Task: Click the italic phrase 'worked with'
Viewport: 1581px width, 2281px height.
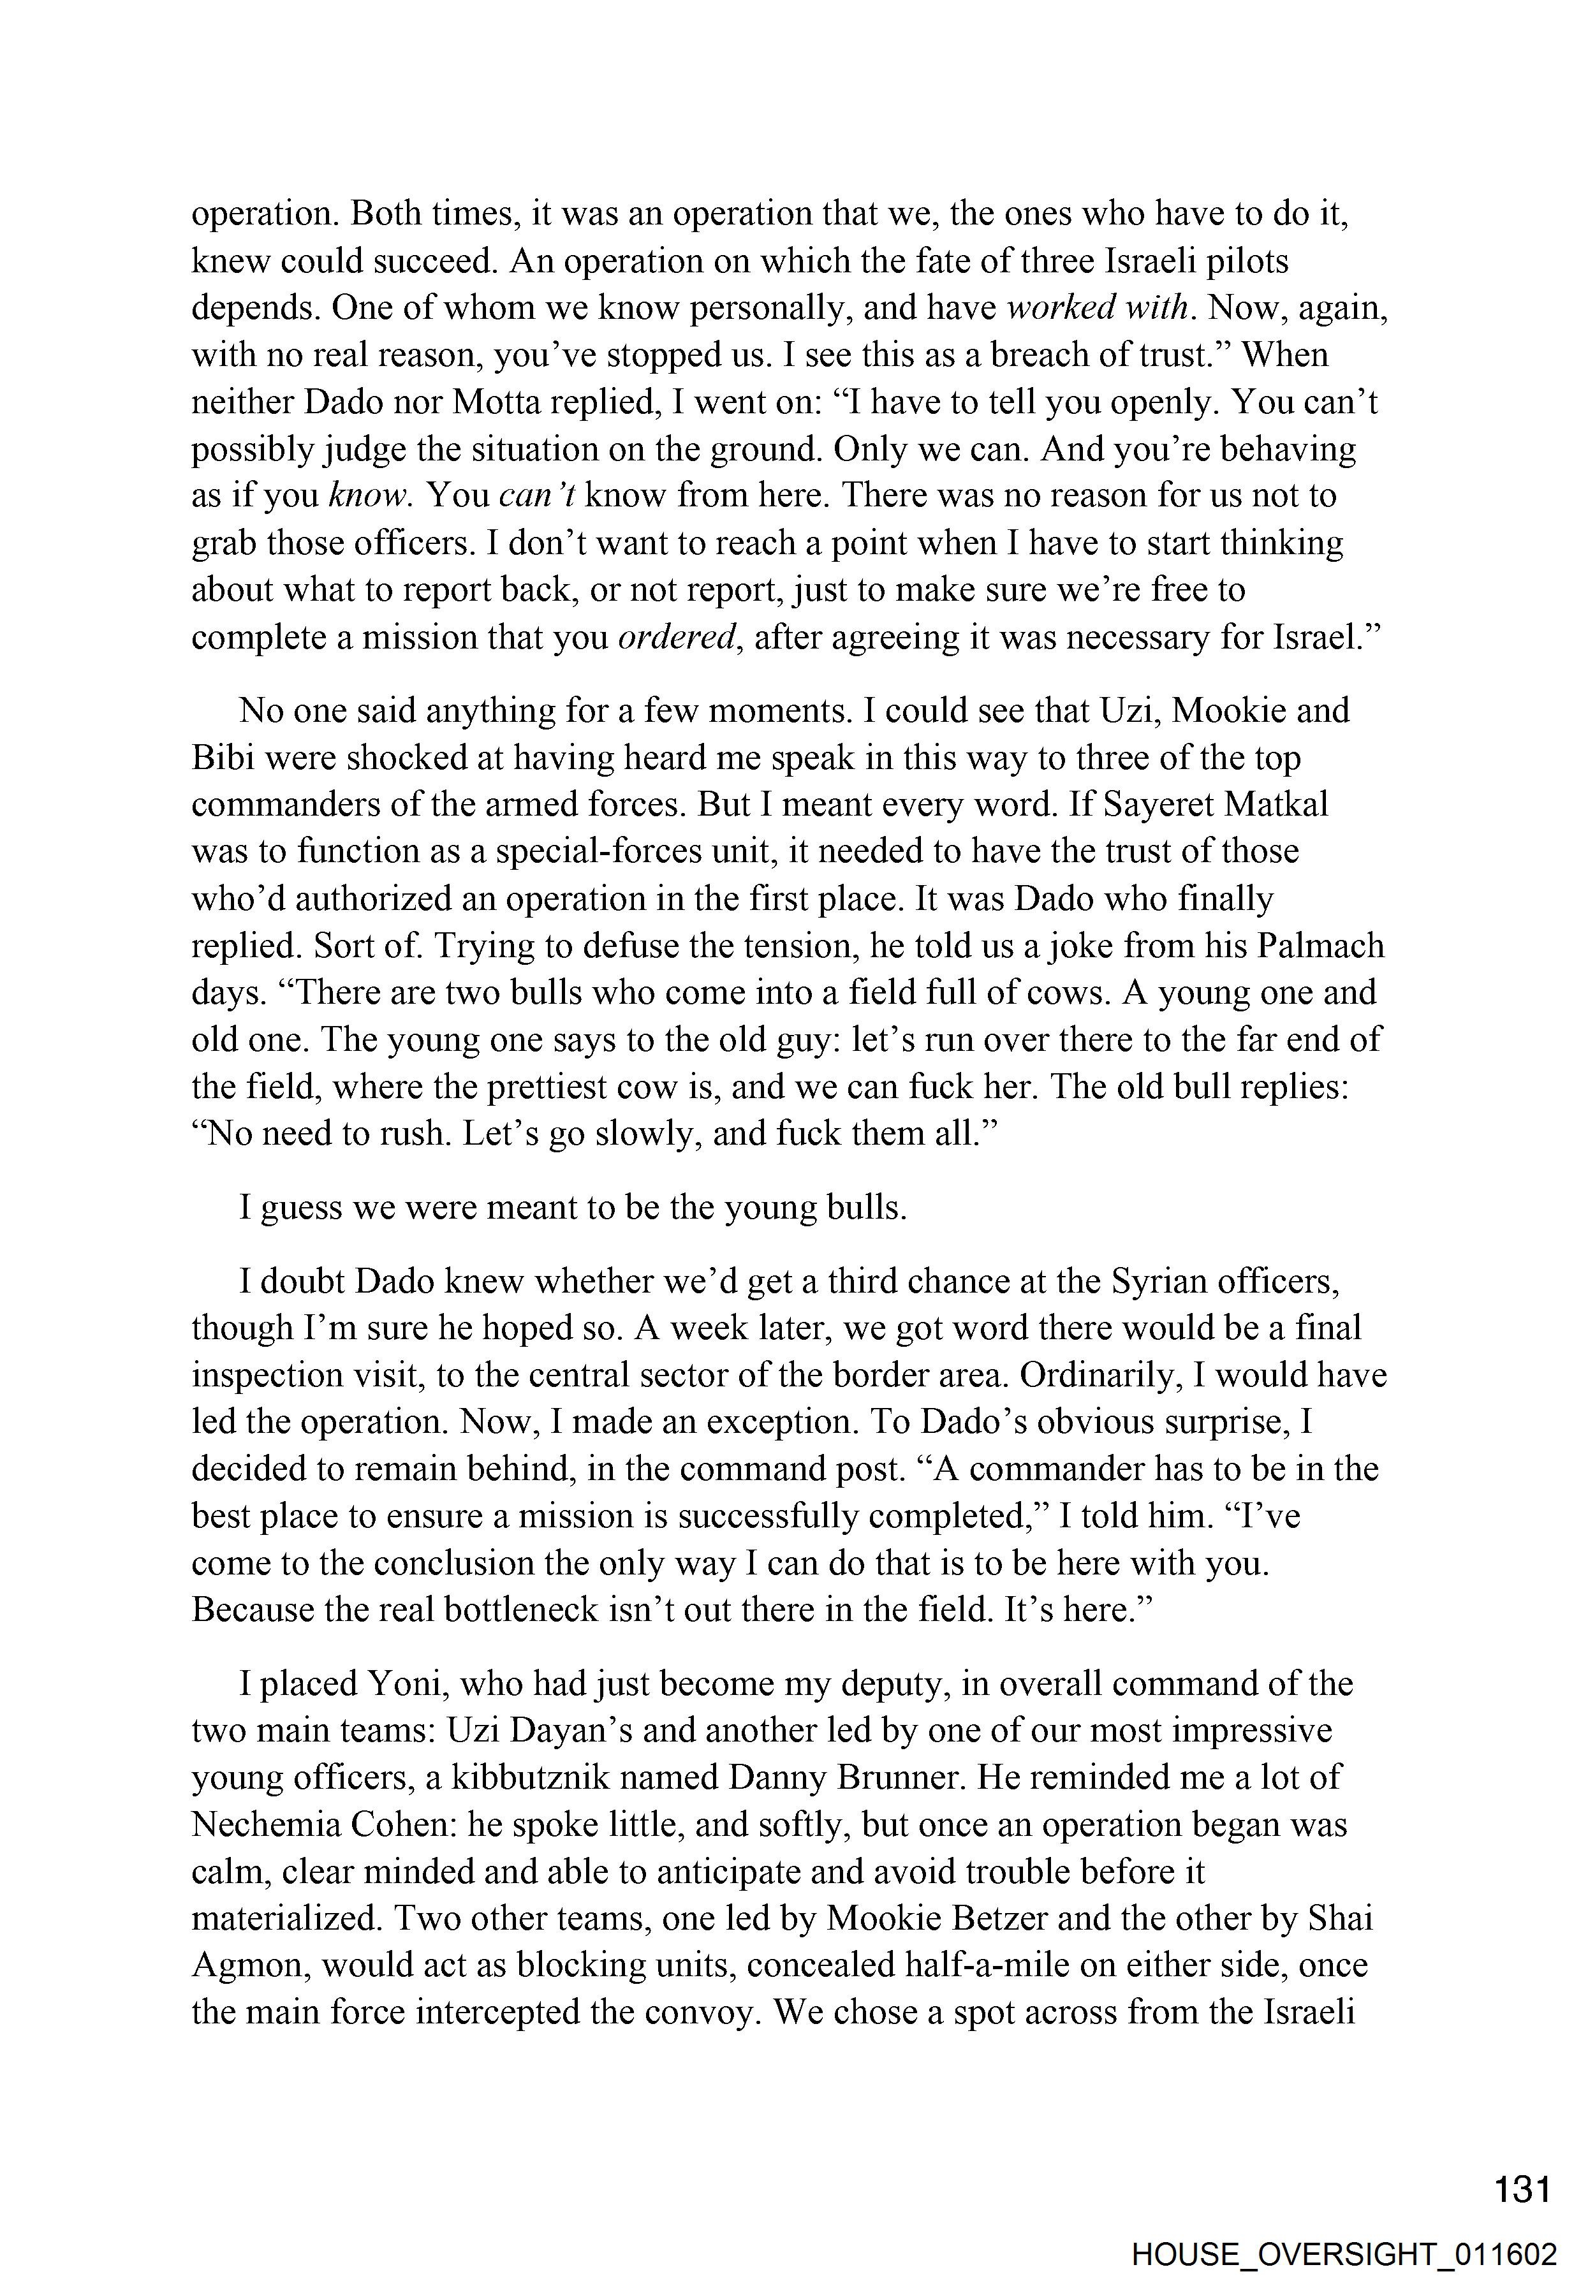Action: [x=1096, y=308]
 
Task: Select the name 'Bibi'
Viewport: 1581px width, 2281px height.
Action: [x=220, y=758]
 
